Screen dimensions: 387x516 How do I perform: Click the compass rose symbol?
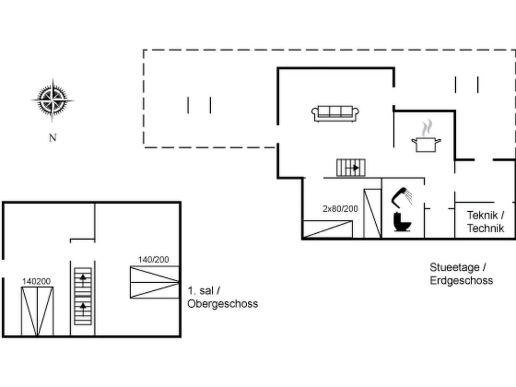click(x=52, y=100)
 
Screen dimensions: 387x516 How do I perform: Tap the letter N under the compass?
click(x=53, y=138)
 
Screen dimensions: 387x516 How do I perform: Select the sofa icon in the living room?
click(x=335, y=113)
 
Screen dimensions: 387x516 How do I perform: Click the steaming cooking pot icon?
click(x=426, y=138)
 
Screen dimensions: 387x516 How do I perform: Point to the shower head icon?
click(x=402, y=197)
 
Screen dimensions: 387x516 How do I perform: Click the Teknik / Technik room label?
click(x=485, y=221)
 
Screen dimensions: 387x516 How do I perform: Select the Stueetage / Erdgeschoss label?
click(x=461, y=274)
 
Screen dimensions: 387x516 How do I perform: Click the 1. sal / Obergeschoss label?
click(x=223, y=297)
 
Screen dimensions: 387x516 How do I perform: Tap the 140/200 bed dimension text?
click(x=153, y=260)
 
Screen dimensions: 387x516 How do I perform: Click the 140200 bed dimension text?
click(x=37, y=281)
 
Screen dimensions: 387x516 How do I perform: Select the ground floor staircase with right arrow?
click(x=351, y=168)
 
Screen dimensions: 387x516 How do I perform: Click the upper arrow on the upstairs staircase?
click(x=83, y=278)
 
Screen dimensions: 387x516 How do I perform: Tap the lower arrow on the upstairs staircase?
click(x=83, y=308)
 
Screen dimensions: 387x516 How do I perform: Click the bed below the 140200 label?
click(x=37, y=311)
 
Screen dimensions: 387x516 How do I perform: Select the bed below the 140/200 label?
click(x=154, y=281)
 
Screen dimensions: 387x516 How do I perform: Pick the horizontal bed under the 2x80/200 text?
click(x=328, y=230)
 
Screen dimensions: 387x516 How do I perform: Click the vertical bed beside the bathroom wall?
click(x=372, y=213)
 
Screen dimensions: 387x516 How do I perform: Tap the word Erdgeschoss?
click(x=461, y=281)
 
